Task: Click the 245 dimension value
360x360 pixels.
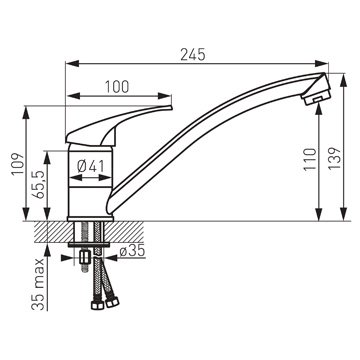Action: (193, 55)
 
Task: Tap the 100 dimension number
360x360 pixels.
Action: (117, 87)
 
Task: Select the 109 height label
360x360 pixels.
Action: (17, 164)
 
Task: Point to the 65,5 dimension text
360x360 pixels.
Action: (40, 185)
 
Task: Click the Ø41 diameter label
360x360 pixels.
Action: (91, 166)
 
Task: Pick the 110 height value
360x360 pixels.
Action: (310, 159)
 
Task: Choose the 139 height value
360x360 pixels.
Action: (335, 158)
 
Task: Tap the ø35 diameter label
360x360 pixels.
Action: (132, 251)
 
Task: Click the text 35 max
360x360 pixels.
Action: (40, 284)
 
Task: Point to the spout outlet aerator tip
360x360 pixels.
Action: (315, 98)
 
